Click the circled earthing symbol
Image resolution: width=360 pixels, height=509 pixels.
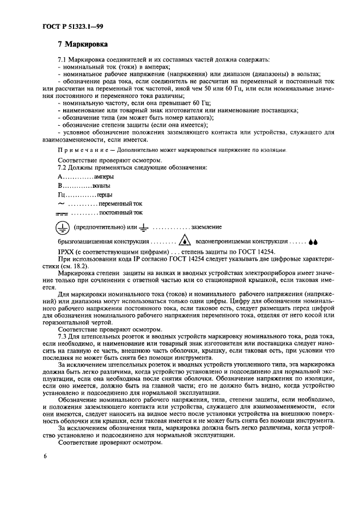point(63,227)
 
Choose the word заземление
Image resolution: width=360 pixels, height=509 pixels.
point(206,227)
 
